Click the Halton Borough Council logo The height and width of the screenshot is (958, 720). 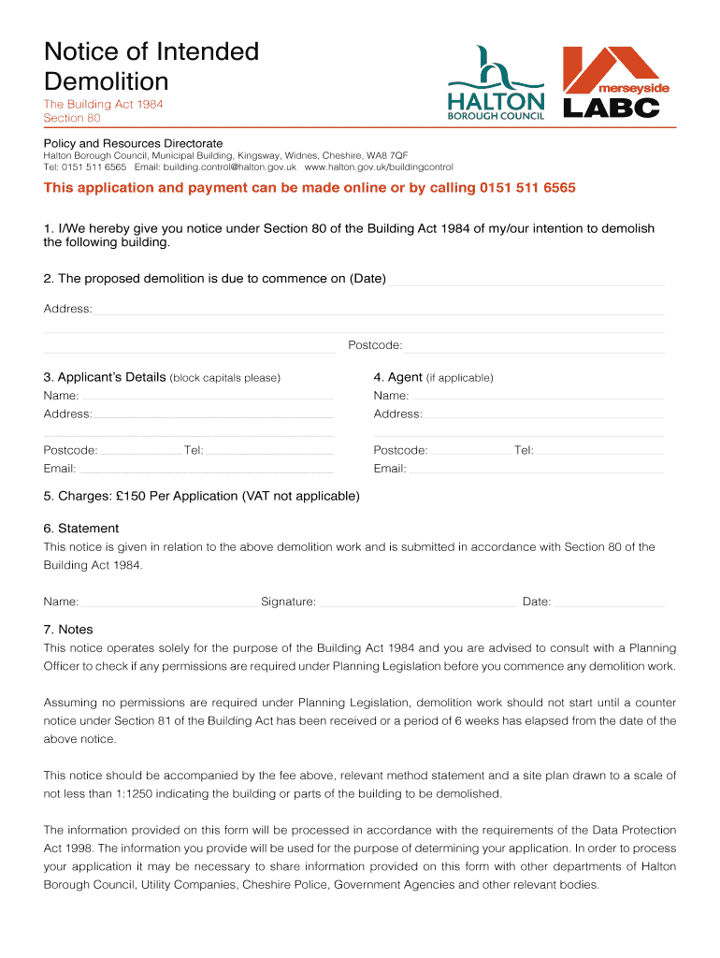[495, 84]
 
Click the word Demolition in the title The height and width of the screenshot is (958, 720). [106, 80]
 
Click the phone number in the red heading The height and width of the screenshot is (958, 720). [527, 188]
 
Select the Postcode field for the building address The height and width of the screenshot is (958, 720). [535, 346]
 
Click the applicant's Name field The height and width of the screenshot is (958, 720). [207, 396]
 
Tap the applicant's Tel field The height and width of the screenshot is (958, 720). [269, 450]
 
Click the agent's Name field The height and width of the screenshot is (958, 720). [537, 396]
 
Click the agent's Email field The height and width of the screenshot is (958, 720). [537, 469]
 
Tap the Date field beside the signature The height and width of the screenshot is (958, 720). [610, 602]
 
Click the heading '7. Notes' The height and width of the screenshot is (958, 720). [68, 630]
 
